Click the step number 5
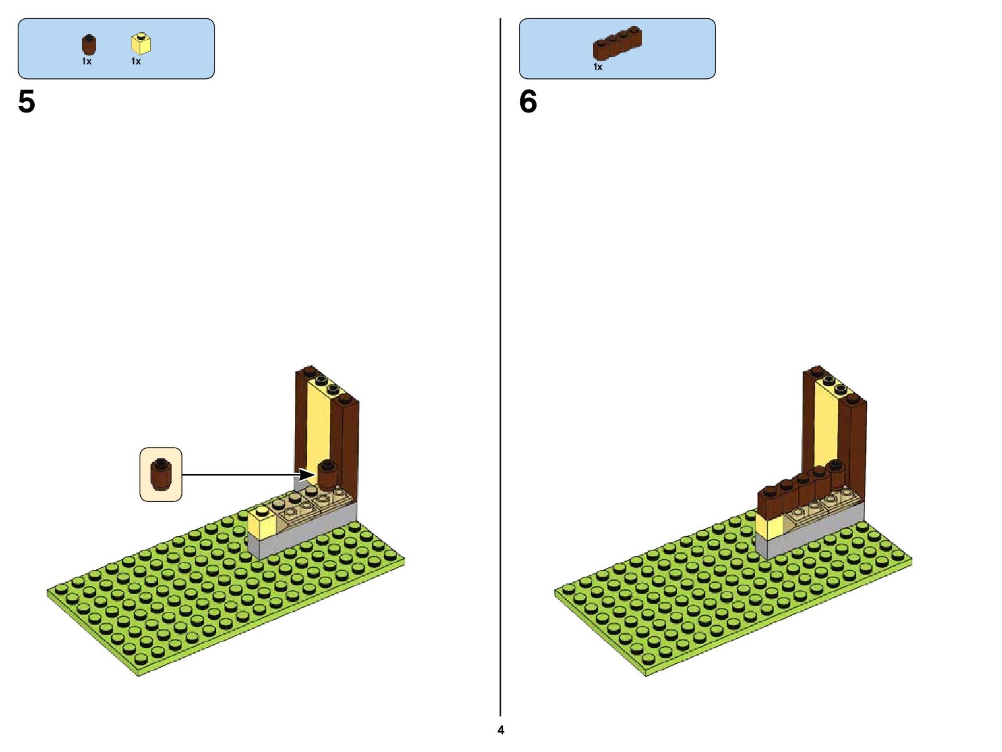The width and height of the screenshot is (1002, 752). [27, 102]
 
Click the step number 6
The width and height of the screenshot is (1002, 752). [528, 102]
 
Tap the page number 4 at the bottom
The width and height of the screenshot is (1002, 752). [501, 730]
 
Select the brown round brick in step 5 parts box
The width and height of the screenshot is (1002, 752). [89, 45]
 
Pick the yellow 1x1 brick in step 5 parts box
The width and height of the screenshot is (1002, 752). [141, 44]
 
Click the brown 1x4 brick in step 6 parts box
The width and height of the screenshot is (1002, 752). [617, 43]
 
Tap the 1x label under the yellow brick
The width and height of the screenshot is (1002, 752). [136, 62]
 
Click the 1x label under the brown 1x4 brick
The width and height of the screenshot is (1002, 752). [597, 67]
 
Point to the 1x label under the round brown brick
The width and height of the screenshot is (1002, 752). [86, 62]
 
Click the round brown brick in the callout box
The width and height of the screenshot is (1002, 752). [161, 475]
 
